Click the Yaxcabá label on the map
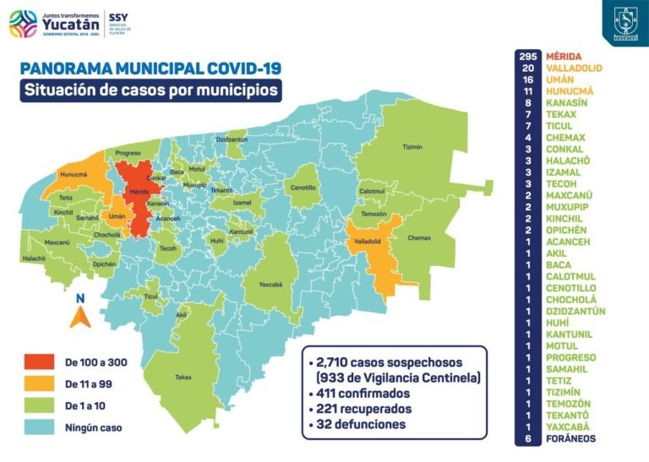tap(271, 284)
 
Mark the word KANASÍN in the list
tap(568, 102)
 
